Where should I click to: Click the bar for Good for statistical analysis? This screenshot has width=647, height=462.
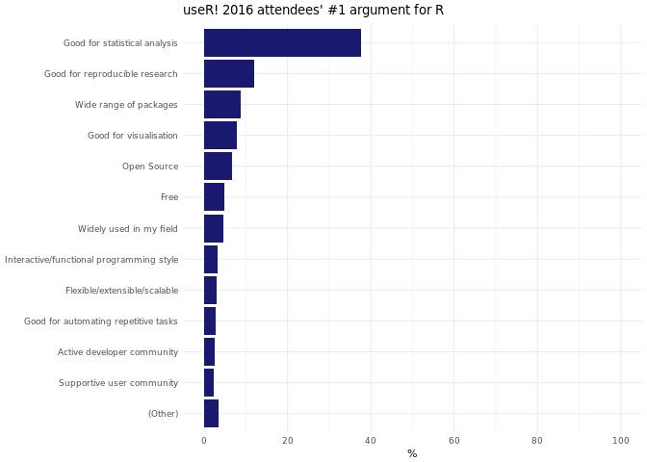pyautogui.click(x=282, y=43)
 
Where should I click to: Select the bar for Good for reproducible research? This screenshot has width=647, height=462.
pyautogui.click(x=229, y=74)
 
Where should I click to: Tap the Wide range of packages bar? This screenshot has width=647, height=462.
pyautogui.click(x=222, y=105)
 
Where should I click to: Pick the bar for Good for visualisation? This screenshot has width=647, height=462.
pyautogui.click(x=220, y=136)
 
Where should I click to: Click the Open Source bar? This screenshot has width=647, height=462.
pyautogui.click(x=218, y=167)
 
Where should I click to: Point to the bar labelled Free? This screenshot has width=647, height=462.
pyautogui.click(x=214, y=197)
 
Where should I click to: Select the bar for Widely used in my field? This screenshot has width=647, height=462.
pyautogui.click(x=214, y=228)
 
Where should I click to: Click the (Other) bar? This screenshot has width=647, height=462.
pyautogui.click(x=211, y=413)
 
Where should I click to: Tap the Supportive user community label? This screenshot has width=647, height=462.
pyautogui.click(x=118, y=383)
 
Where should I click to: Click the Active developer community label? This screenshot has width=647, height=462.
pyautogui.click(x=117, y=352)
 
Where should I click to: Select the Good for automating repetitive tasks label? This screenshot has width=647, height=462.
pyautogui.click(x=101, y=321)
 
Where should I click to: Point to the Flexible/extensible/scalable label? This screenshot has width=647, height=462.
pyautogui.click(x=121, y=291)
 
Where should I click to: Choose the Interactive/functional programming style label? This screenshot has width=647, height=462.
pyautogui.click(x=91, y=260)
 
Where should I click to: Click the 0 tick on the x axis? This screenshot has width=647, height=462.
pyautogui.click(x=204, y=441)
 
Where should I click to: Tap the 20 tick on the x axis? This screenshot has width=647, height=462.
pyautogui.click(x=287, y=441)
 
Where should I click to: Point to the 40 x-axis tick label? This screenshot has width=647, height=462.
pyautogui.click(x=371, y=441)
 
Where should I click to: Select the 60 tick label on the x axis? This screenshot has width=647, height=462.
pyautogui.click(x=453, y=441)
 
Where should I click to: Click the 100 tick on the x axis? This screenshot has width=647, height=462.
pyautogui.click(x=620, y=441)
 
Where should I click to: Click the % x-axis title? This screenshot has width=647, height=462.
pyautogui.click(x=412, y=453)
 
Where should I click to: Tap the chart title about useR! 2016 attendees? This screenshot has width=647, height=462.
pyautogui.click(x=313, y=11)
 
